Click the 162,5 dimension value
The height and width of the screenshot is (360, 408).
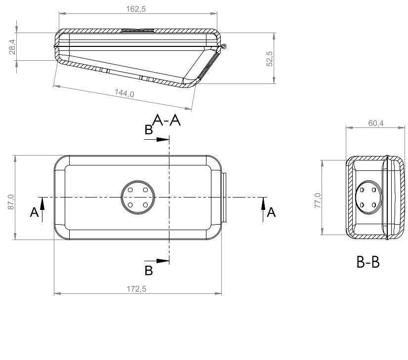137,9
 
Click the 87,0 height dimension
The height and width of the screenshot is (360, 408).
11,203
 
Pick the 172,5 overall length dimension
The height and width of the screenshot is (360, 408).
137,289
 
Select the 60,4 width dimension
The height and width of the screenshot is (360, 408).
375,123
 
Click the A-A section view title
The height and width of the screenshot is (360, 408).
167,120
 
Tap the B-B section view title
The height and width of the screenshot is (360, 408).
368,263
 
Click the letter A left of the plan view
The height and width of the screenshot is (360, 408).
34,212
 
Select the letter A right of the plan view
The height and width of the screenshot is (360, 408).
271,212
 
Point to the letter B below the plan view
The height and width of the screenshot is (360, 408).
148,270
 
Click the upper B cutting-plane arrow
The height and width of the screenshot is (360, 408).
159,139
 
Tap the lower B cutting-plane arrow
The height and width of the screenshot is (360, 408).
159,261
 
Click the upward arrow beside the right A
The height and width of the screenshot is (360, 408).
263,203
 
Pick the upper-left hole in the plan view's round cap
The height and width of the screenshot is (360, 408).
131,190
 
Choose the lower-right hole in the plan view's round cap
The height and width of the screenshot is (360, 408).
145,205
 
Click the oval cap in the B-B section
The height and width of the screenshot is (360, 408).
368,197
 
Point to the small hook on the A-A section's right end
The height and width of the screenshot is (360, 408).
224,47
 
